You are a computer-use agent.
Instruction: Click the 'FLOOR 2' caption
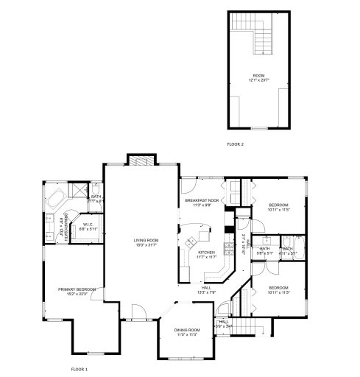pos(235,144)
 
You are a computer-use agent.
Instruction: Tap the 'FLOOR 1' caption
pos(79,368)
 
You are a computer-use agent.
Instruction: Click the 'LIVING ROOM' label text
pos(144,240)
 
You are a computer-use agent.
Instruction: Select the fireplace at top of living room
pos(140,161)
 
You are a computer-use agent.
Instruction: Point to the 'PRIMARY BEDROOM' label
pos(77,290)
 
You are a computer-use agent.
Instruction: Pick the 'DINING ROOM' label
pos(187,330)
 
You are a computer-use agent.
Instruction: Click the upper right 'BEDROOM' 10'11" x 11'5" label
pos(278,205)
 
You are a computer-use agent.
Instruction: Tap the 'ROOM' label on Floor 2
pos(258,75)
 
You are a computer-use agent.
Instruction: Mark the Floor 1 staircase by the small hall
pos(250,325)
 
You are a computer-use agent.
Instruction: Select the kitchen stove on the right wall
pos(228,243)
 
